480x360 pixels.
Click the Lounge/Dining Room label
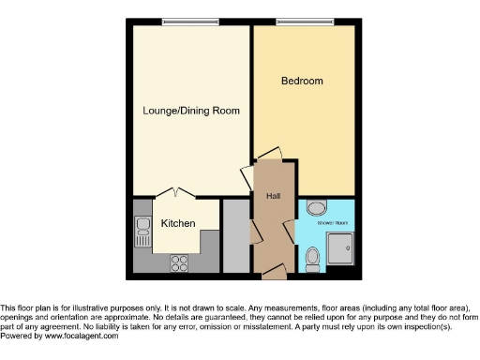point(191,111)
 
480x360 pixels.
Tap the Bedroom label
point(302,82)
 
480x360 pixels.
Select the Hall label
point(274,196)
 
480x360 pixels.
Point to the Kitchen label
point(178,223)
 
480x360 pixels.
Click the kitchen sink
point(143,228)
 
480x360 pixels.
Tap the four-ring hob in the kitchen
point(178,263)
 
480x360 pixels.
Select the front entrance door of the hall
point(273,272)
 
